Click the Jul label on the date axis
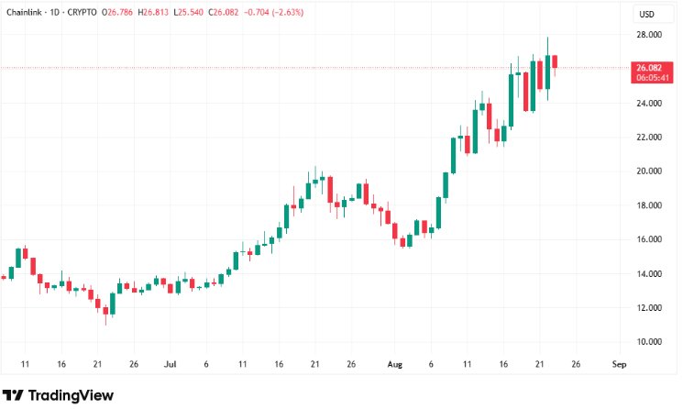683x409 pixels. pyautogui.click(x=171, y=363)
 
